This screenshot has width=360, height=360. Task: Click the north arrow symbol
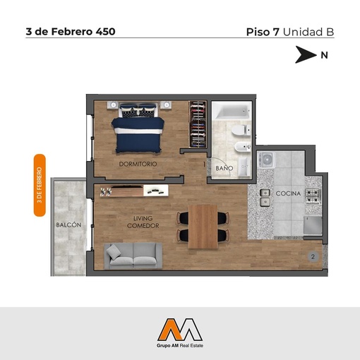[305, 54]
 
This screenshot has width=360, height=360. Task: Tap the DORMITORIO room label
[138, 164]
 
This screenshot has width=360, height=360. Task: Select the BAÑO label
[224, 168]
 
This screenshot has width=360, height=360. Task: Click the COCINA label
[288, 193]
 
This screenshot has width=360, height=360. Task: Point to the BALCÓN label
[68, 225]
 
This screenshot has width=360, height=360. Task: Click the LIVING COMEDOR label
[143, 222]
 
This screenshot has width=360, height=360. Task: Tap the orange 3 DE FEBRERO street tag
[40, 185]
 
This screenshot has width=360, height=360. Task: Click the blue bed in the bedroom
[138, 128]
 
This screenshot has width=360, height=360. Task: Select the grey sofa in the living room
[133, 256]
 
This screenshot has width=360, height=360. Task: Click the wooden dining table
[203, 227]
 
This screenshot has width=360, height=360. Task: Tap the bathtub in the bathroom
[233, 111]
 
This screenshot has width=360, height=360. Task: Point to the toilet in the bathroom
[241, 130]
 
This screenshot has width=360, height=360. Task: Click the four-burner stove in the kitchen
[313, 196]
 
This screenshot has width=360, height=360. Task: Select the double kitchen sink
[265, 198]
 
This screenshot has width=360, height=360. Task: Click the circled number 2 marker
[313, 257]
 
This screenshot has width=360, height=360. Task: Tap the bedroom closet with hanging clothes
[198, 124]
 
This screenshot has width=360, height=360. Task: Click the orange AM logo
[180, 330]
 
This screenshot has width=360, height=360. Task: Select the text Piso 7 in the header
[263, 32]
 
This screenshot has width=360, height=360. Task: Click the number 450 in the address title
[105, 32]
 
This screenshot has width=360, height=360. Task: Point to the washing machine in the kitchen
[266, 160]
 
